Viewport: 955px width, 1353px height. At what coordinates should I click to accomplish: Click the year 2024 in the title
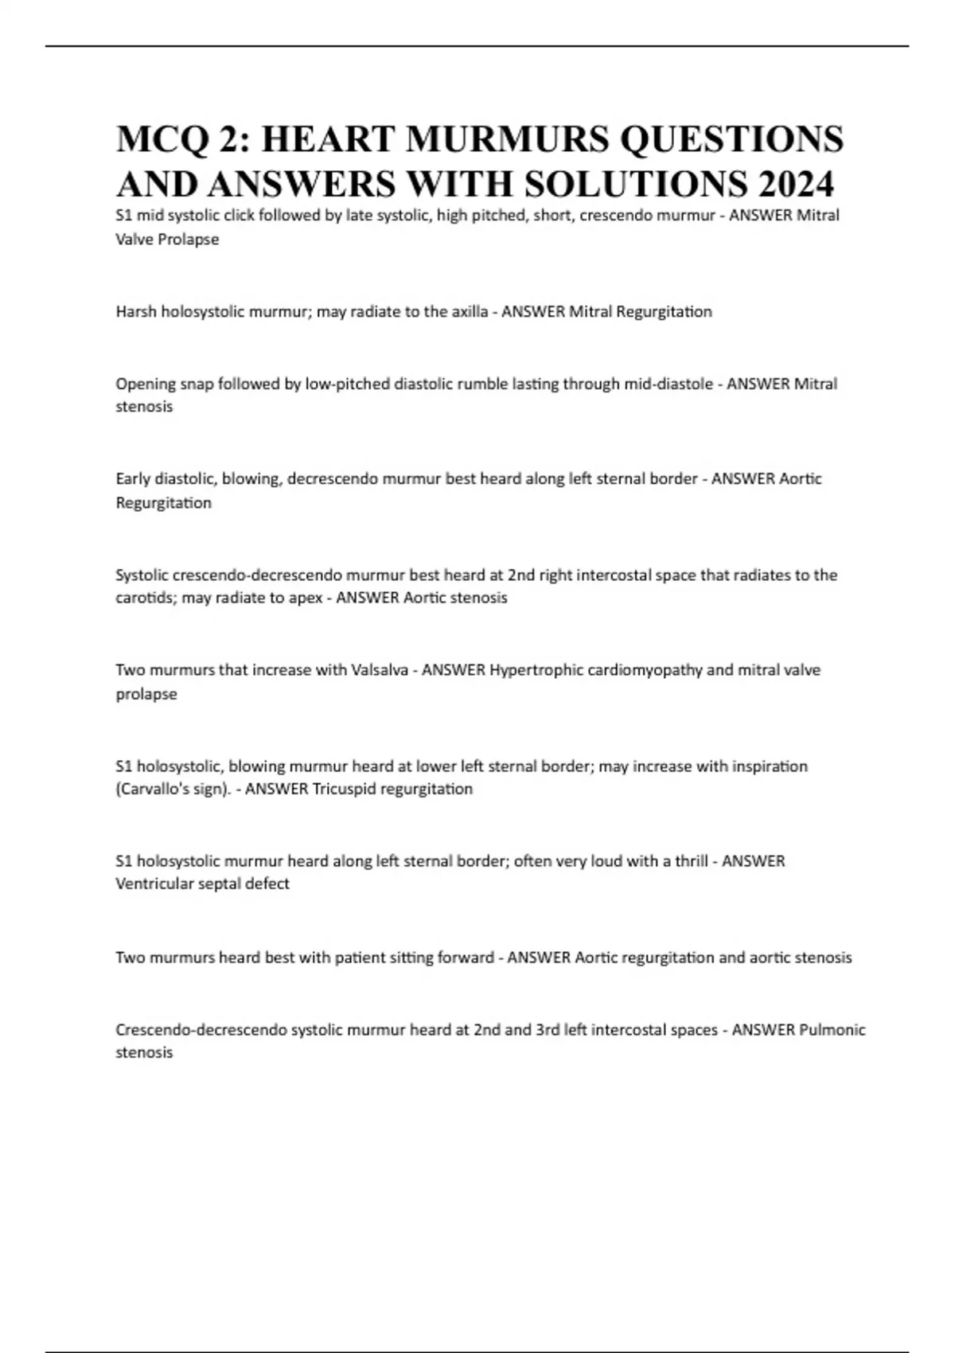click(796, 184)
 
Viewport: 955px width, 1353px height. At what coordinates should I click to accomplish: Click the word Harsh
click(136, 311)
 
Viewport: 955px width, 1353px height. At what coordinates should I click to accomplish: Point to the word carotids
click(145, 598)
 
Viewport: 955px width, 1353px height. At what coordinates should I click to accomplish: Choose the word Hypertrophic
click(536, 670)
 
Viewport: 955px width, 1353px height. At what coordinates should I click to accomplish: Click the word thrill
click(692, 861)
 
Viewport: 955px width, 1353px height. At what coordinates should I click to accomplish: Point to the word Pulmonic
click(832, 1030)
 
